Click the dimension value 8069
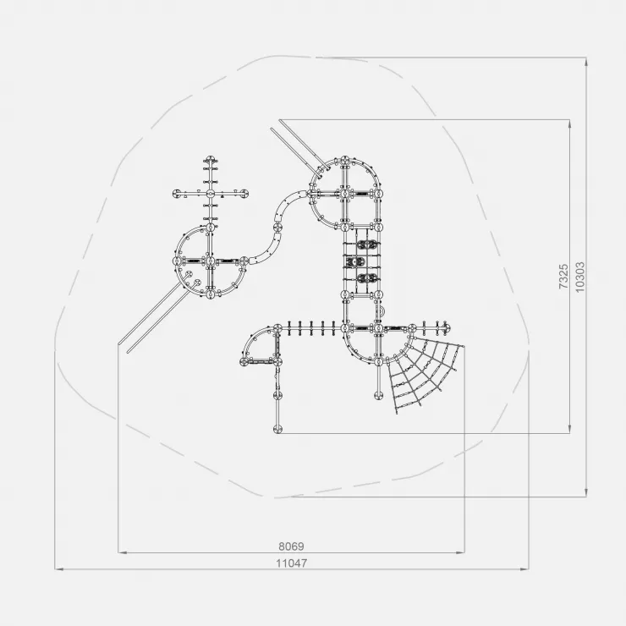291,546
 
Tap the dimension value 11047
292,563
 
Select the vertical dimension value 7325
563,277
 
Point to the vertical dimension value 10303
580,277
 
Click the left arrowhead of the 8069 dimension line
122,552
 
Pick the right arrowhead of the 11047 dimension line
525,569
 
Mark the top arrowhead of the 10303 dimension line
586,62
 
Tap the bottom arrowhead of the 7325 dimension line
569,429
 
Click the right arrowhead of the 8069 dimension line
460,552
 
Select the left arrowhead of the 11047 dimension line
59,569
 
